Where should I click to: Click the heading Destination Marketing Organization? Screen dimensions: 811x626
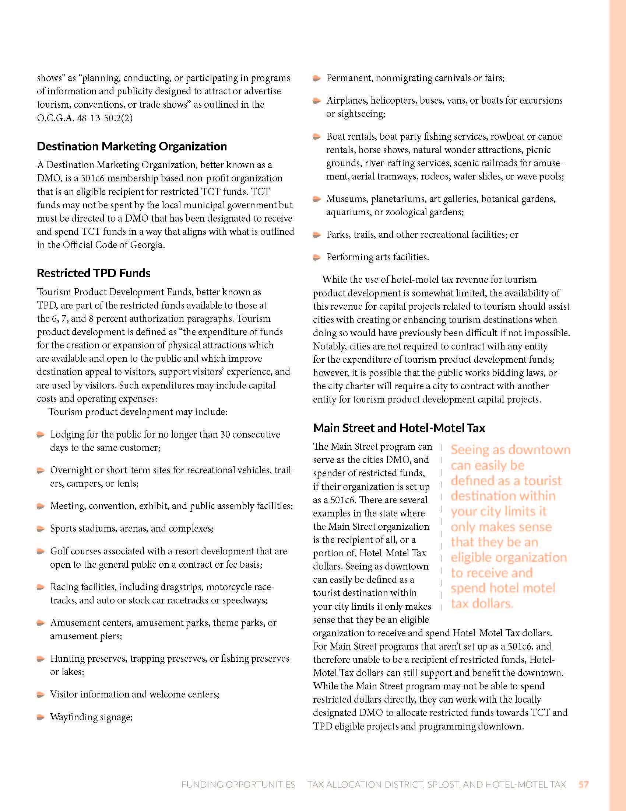[x=132, y=146]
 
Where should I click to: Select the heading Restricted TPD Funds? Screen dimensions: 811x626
[x=94, y=273]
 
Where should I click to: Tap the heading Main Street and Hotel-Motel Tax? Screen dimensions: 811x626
[x=399, y=428]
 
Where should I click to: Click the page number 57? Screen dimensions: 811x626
[x=584, y=784]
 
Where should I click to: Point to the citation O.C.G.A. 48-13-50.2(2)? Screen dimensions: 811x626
[x=85, y=118]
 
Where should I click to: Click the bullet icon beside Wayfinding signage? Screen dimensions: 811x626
[x=41, y=717]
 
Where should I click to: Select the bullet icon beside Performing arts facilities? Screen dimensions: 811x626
[x=317, y=257]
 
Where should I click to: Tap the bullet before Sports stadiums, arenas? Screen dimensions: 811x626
[x=41, y=528]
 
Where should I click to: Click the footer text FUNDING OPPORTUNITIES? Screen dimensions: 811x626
[x=238, y=784]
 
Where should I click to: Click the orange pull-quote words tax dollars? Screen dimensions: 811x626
[x=482, y=604]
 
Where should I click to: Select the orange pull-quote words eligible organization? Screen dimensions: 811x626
[x=509, y=557]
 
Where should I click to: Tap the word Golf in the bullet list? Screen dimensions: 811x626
[x=58, y=551]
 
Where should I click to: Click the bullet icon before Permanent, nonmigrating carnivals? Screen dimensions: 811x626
[x=317, y=78]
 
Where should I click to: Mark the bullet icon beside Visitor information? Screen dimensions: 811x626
[x=41, y=695]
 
